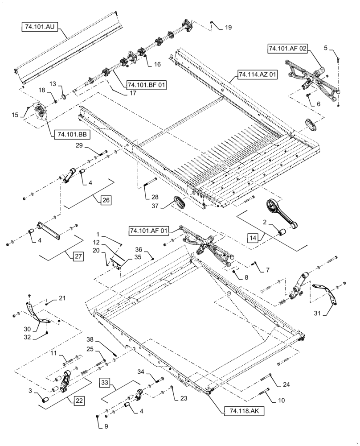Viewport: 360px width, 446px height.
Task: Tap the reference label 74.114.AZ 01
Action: [257, 74]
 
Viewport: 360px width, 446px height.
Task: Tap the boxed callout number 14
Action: [254, 239]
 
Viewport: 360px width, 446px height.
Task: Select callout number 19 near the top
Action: [228, 28]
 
